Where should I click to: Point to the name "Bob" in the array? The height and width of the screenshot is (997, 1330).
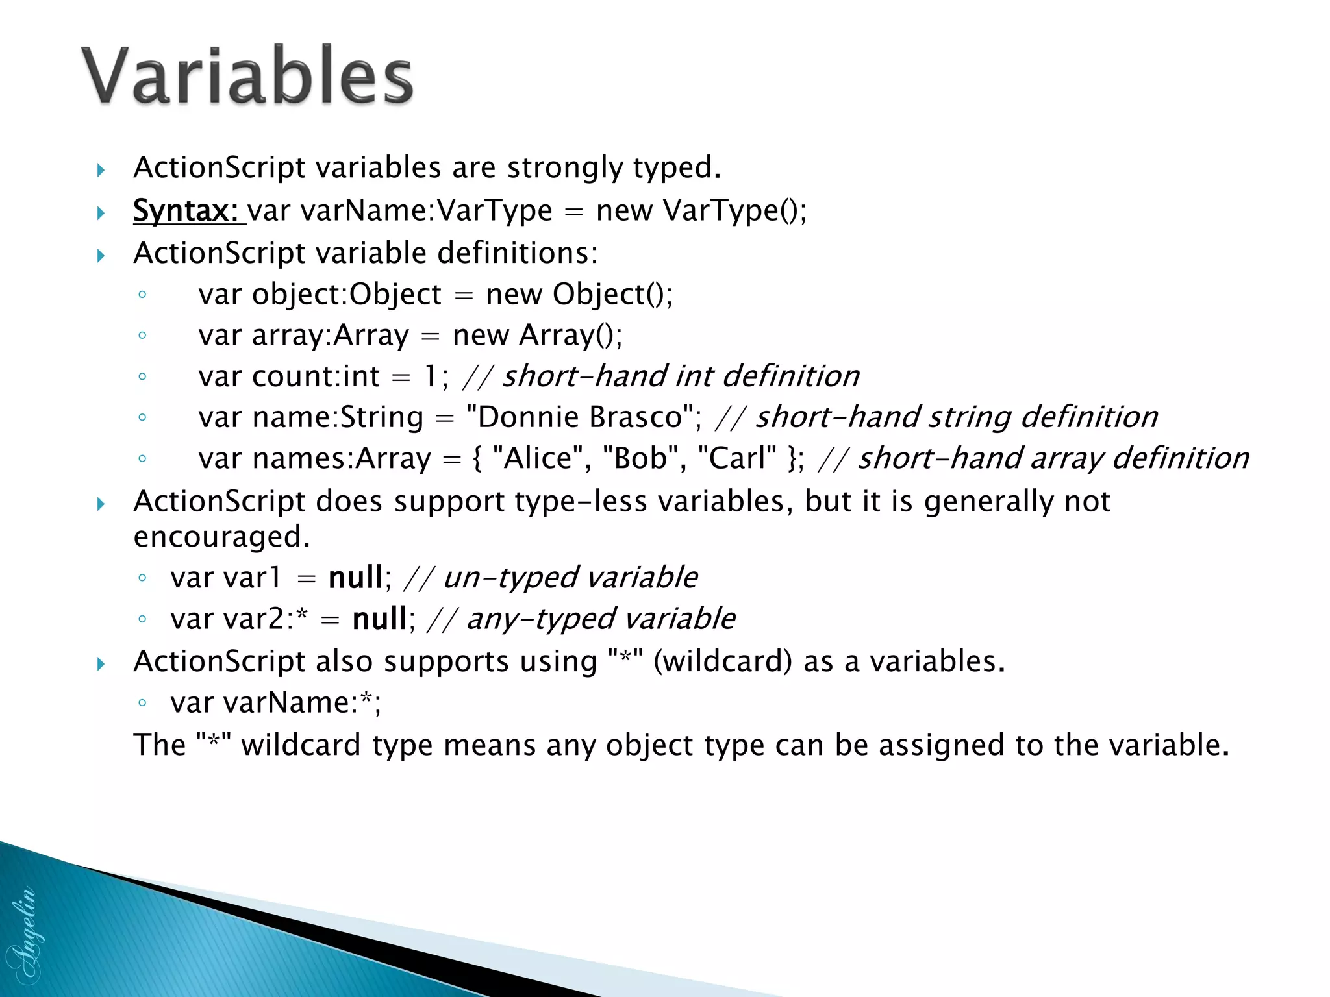[640, 458]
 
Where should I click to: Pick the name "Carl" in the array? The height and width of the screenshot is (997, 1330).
[736, 458]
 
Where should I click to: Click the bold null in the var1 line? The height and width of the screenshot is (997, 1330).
[355, 578]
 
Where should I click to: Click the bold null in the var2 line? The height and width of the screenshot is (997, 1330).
[379, 619]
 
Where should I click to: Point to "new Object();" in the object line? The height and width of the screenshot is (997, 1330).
[579, 295]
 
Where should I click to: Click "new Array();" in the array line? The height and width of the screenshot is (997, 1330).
[537, 336]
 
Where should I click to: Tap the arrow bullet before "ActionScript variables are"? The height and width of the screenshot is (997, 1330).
[101, 171]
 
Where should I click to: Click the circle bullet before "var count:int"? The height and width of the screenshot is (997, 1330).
[142, 376]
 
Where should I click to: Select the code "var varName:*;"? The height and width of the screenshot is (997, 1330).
[275, 703]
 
